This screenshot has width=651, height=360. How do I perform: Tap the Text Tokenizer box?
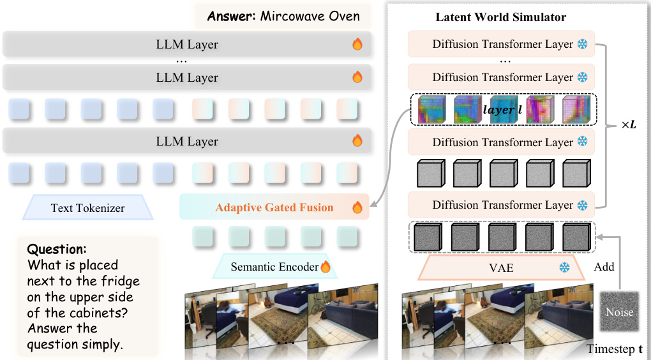(x=87, y=207)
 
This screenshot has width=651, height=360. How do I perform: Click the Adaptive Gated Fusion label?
(x=274, y=207)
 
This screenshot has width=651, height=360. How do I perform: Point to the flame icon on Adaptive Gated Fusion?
(x=357, y=207)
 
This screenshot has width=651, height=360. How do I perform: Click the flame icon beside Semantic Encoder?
(x=325, y=267)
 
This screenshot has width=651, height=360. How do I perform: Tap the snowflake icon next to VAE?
(x=564, y=268)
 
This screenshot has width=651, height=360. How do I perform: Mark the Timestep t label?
(x=615, y=349)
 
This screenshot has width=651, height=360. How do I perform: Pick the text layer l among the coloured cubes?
(x=502, y=110)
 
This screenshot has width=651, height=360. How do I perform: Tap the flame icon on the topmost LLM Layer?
(x=357, y=45)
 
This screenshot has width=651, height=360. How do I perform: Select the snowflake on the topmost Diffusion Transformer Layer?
(x=582, y=45)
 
